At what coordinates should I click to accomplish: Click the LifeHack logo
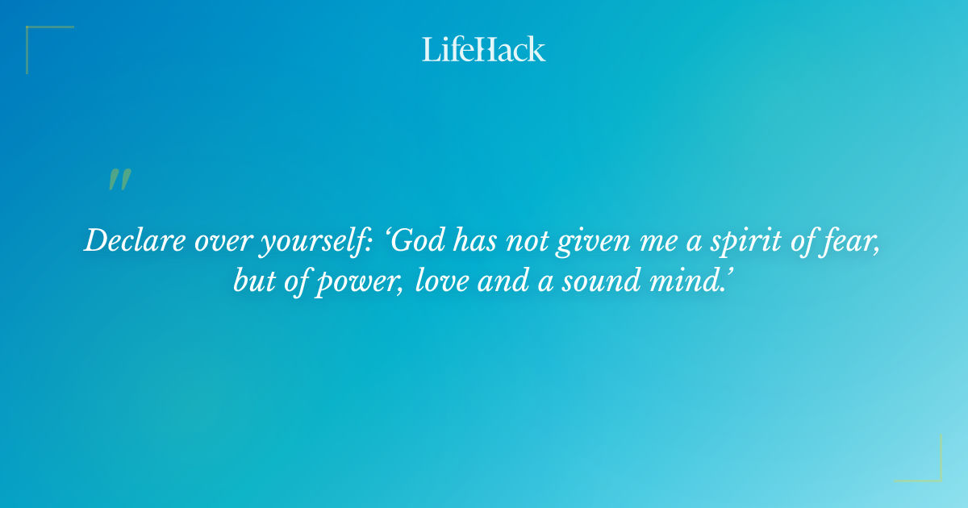click(x=484, y=49)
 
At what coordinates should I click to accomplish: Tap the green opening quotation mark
click(x=119, y=181)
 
